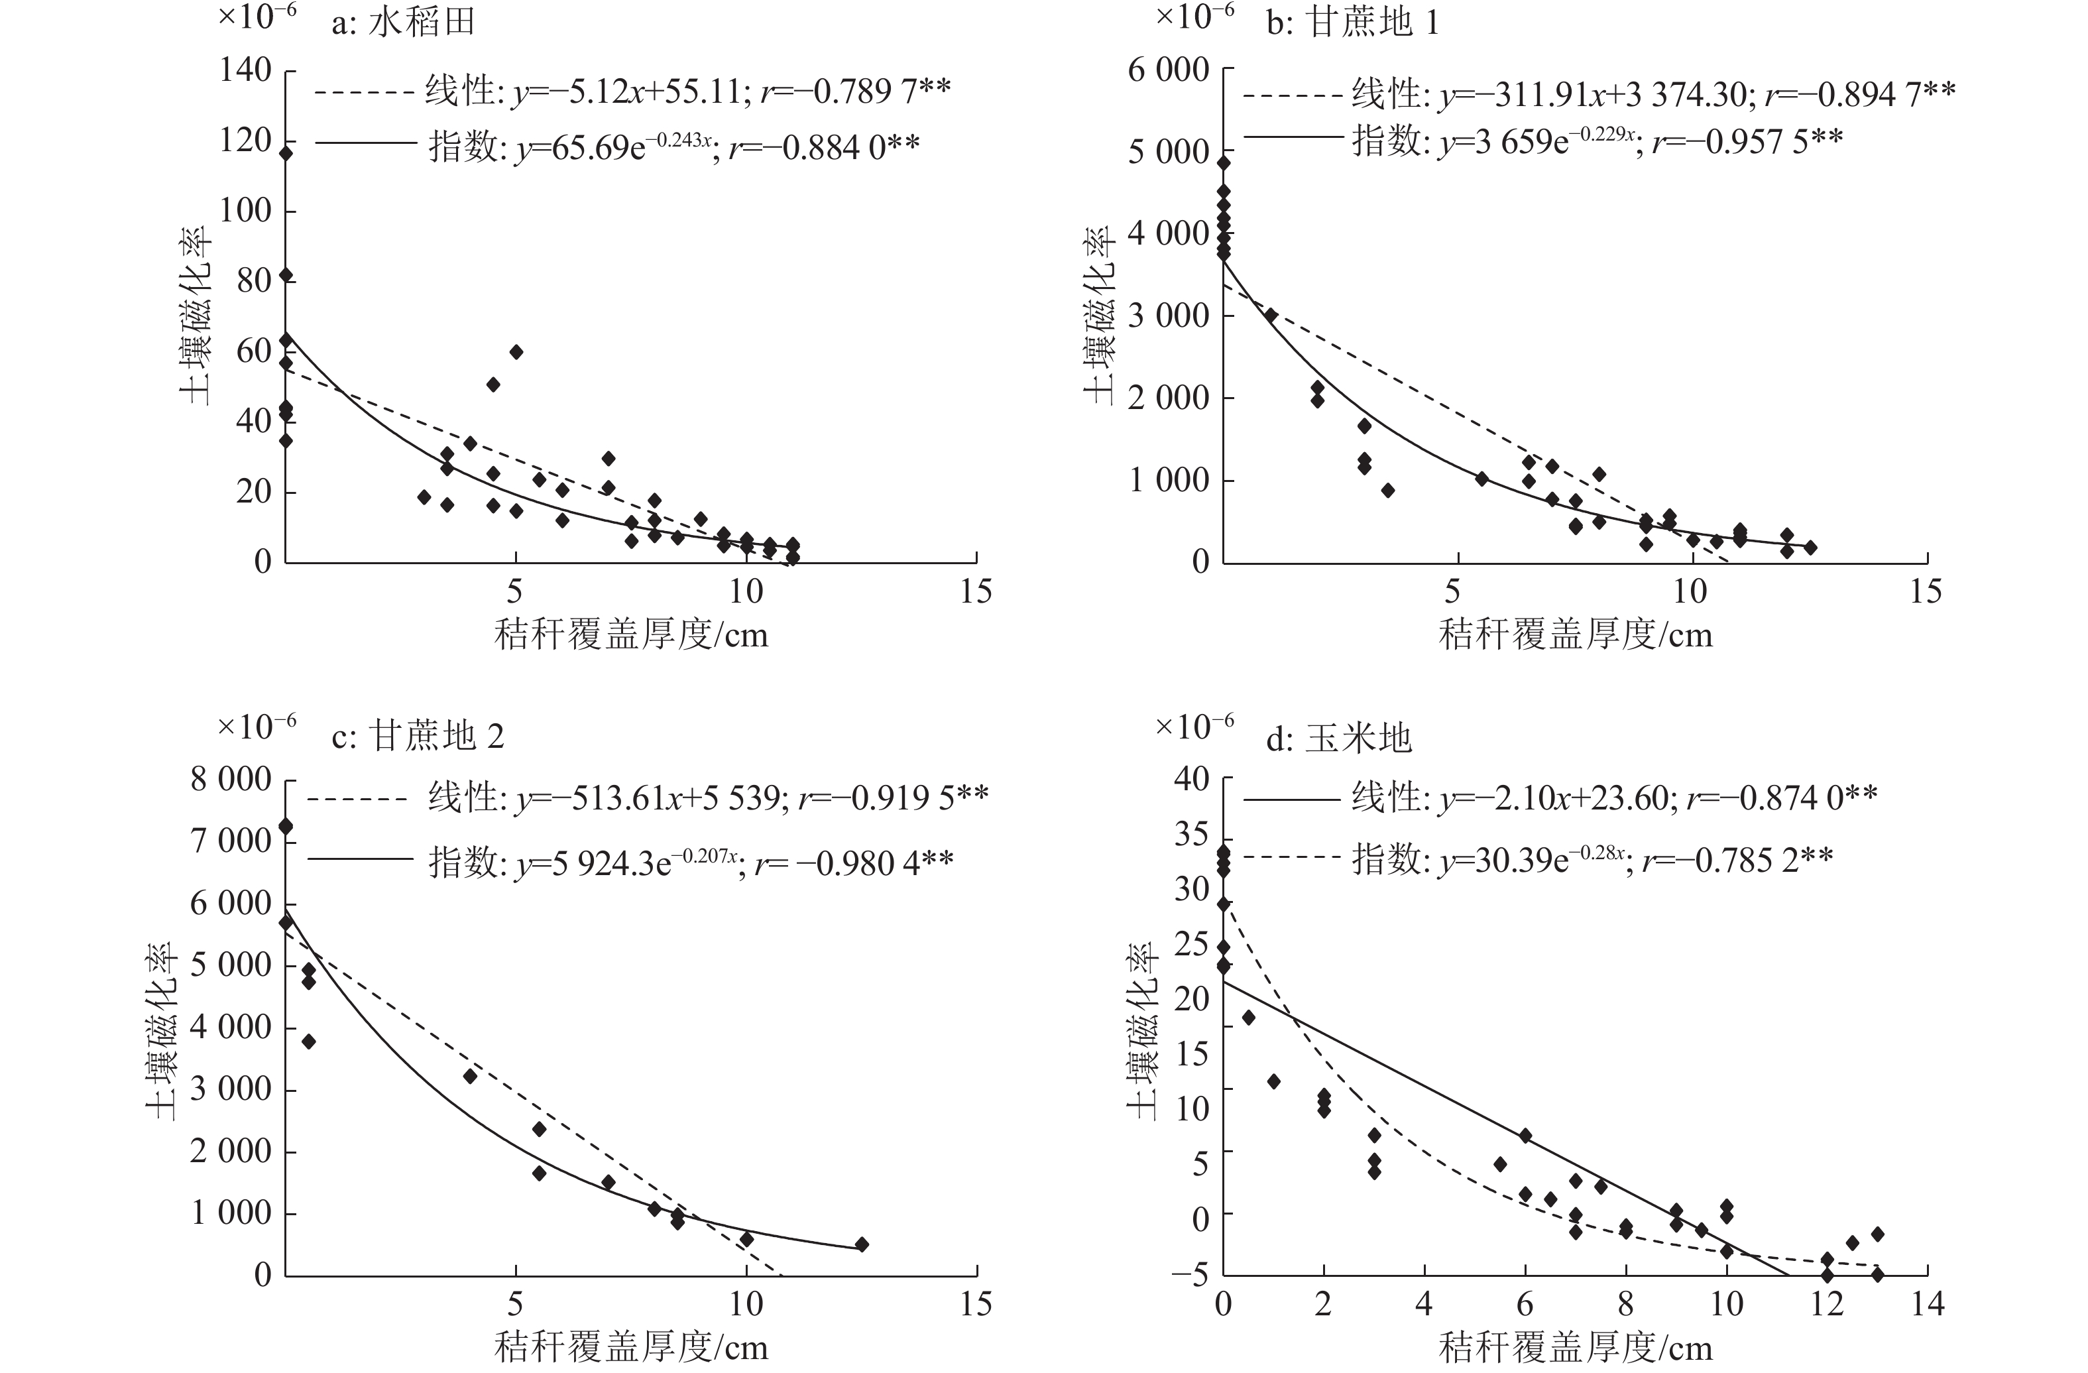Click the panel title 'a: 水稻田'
click(403, 23)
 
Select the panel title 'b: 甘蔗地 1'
click(1352, 23)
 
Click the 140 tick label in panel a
click(246, 70)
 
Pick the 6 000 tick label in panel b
click(1169, 70)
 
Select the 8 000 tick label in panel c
click(231, 778)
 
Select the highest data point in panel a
click(285, 154)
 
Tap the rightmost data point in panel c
click(862, 1244)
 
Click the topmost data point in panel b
click(1224, 162)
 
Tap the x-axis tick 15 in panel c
click(976, 1305)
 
